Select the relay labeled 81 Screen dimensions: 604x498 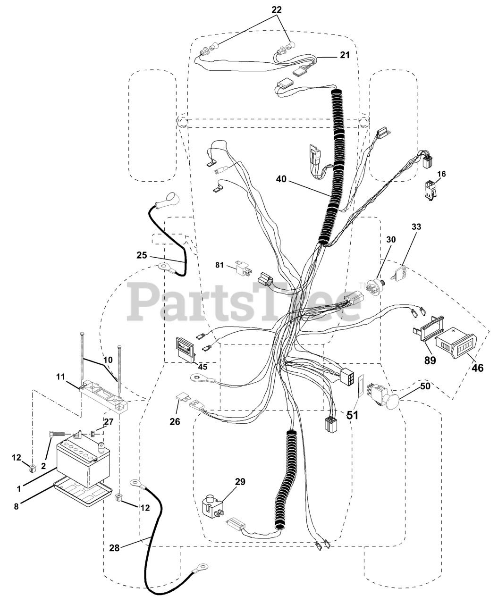[240, 271]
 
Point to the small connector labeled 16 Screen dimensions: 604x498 [430, 190]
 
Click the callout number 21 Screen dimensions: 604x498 [345, 55]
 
